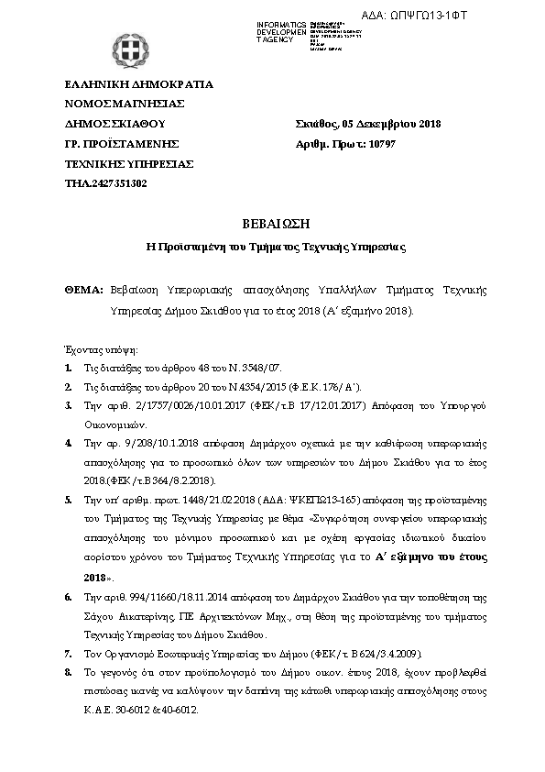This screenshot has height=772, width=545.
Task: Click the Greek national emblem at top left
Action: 127,50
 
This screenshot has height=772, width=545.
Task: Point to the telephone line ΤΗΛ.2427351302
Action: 106,183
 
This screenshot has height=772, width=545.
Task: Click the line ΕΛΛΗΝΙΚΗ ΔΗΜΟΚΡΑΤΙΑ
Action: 138,84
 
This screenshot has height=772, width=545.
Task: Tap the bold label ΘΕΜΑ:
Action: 84,289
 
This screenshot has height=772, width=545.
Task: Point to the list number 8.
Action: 69,673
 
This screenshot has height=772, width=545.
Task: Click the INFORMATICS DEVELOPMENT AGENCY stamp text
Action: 281,32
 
